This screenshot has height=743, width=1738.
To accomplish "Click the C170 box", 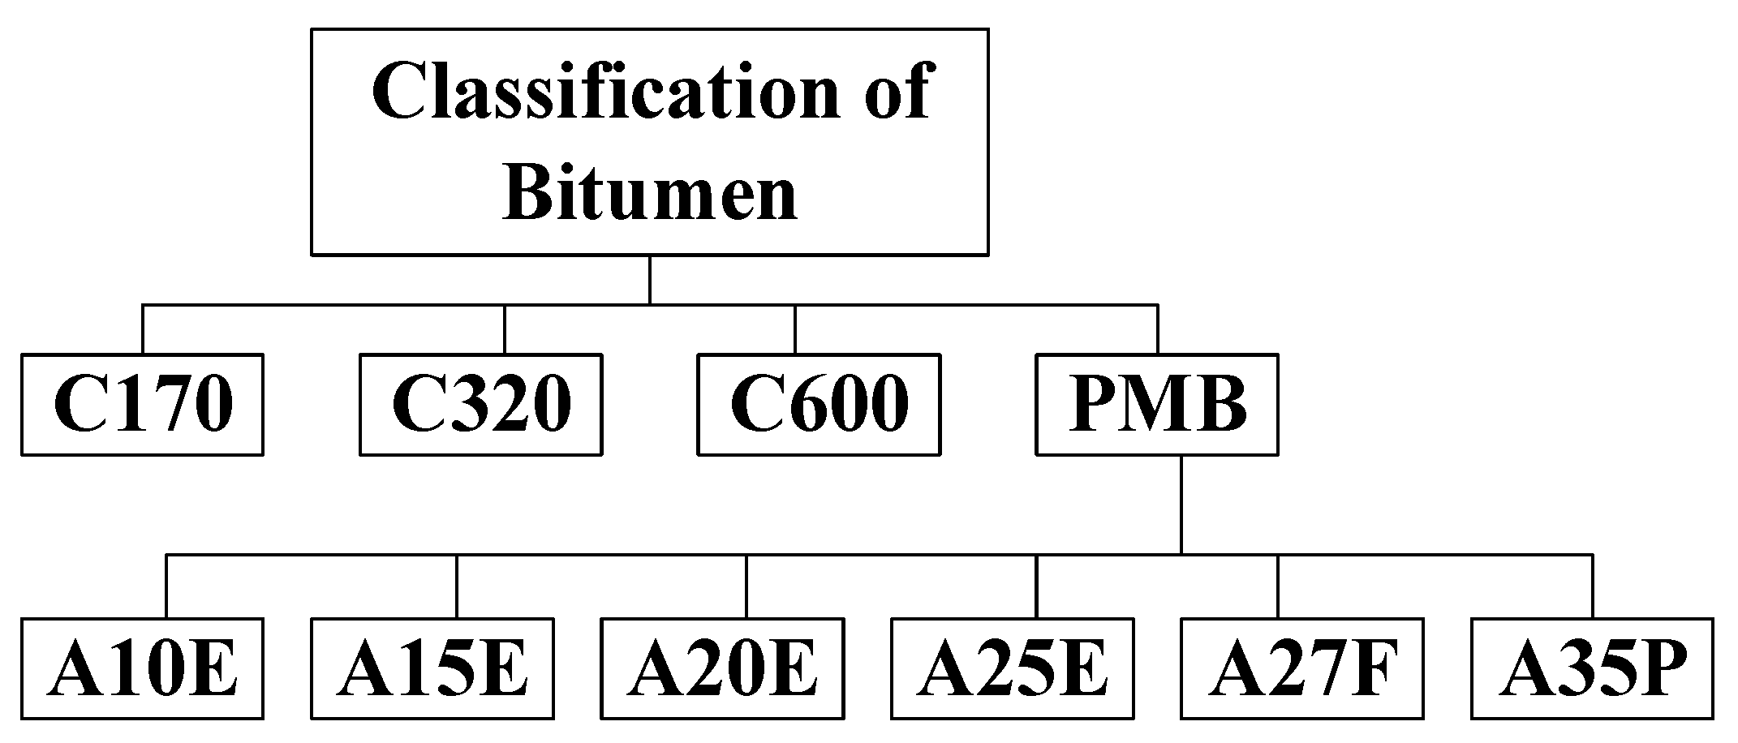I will pyautogui.click(x=142, y=404).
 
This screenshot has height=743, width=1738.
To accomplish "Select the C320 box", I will pyautogui.click(x=480, y=404).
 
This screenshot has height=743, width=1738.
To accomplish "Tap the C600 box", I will pyautogui.click(x=819, y=404).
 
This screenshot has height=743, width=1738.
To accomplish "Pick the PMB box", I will pyautogui.click(x=1157, y=404).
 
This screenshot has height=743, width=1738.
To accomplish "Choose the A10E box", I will pyautogui.click(x=142, y=668).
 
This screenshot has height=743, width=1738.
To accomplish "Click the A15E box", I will pyautogui.click(x=432, y=668).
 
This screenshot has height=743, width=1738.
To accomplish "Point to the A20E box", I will pyautogui.click(x=722, y=668).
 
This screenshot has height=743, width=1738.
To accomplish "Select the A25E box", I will pyautogui.click(x=1013, y=668).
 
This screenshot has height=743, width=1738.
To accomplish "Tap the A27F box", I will pyautogui.click(x=1301, y=668).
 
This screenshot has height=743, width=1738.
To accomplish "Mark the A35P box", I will pyautogui.click(x=1592, y=668).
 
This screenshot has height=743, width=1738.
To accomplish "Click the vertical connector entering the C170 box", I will pyautogui.click(x=143, y=329).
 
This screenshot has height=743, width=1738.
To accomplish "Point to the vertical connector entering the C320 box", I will pyautogui.click(x=504, y=329).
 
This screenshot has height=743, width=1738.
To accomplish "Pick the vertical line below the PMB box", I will pyautogui.click(x=1181, y=505).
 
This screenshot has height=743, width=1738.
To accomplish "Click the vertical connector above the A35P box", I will pyautogui.click(x=1592, y=586).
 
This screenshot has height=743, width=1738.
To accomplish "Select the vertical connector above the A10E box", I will pyautogui.click(x=166, y=586).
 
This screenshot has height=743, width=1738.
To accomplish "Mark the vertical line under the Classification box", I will pyautogui.click(x=650, y=280).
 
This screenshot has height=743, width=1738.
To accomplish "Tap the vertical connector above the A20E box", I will pyautogui.click(x=746, y=586).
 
